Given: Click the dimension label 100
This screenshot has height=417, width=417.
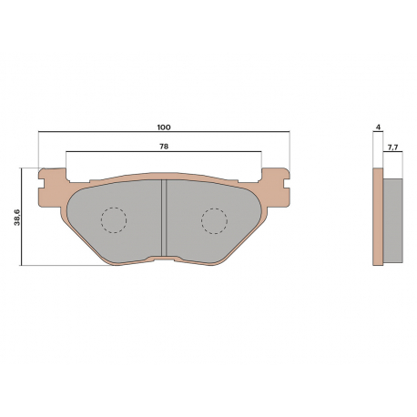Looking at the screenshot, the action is [164, 127].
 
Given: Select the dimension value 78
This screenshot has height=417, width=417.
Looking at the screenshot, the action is [164, 147].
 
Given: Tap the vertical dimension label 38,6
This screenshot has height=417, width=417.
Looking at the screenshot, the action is [16, 217].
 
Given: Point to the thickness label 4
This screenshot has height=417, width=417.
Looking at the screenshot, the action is [378, 127].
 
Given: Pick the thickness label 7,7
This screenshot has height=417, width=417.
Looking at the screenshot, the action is [392, 147].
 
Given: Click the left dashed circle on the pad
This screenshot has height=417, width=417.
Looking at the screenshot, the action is [114, 220].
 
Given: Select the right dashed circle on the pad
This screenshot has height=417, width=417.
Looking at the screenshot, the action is [214, 221].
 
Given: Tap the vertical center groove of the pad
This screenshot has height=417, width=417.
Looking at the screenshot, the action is [164, 218].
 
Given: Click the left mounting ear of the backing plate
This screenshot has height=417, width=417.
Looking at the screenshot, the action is [52, 188].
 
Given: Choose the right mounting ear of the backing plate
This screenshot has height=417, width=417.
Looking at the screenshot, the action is [276, 188].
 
